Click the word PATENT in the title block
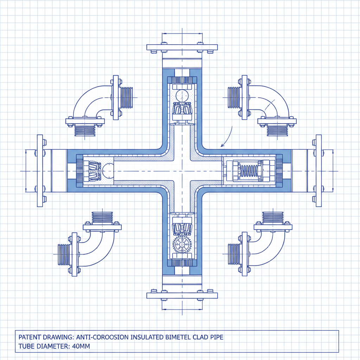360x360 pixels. (30, 337)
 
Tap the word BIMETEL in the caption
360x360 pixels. (178, 337)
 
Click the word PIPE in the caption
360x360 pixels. (216, 337)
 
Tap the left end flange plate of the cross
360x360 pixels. (40, 171)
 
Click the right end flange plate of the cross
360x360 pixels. (319, 171)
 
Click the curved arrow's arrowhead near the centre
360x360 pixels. (221, 145)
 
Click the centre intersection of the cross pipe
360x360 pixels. (182, 171)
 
